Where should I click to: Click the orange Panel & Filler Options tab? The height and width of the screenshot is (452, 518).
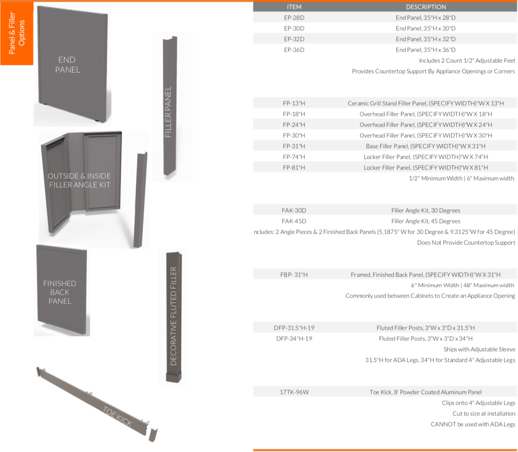click(17, 33)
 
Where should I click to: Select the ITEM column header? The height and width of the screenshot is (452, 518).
click(294, 7)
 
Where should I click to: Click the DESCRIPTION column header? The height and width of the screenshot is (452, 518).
click(425, 7)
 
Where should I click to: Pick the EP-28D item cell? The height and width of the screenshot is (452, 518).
click(294, 18)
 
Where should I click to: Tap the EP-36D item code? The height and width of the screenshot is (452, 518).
click(294, 50)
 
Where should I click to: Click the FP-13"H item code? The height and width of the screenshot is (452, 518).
click(294, 103)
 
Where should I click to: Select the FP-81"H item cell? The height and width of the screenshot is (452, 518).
click(294, 167)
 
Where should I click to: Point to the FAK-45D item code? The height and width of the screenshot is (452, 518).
click(294, 221)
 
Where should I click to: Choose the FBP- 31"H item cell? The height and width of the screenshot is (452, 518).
click(294, 275)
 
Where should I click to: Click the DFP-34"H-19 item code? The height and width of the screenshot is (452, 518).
click(294, 338)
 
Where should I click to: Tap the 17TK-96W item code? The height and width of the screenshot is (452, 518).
click(294, 392)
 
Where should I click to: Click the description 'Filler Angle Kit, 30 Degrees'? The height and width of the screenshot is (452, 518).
click(425, 210)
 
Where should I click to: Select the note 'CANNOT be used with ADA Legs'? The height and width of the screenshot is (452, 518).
click(473, 424)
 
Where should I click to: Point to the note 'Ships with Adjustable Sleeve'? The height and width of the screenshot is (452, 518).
click(480, 349)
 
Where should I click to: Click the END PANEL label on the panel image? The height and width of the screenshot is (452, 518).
click(67, 65)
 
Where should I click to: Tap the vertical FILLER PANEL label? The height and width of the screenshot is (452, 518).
click(168, 112)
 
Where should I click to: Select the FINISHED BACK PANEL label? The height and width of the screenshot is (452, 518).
click(60, 292)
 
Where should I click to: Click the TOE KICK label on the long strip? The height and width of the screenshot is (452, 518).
click(117, 417)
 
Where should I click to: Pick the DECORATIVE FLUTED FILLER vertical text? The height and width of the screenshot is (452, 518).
click(174, 316)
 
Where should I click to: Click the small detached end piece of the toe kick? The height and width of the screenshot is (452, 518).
click(153, 435)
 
